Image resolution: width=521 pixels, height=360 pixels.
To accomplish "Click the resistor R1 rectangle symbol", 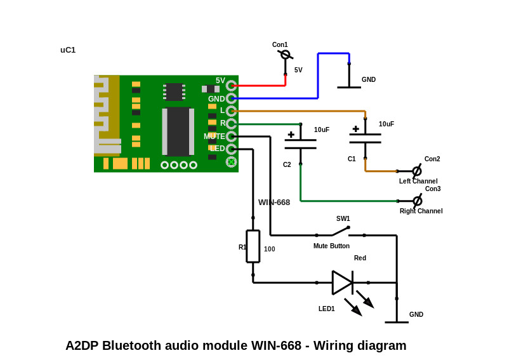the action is pos(253,246).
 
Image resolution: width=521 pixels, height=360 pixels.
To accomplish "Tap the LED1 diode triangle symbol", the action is pos(342,283).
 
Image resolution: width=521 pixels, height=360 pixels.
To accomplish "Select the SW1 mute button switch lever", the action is pos(340,231).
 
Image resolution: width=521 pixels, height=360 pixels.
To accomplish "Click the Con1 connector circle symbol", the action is pos(285,55).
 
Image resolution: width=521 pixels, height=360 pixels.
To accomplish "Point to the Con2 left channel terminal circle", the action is pos(417,171).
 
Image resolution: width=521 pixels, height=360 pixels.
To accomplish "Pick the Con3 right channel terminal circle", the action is pos(418,201).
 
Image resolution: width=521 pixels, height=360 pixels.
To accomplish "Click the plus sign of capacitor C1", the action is pos(356,129).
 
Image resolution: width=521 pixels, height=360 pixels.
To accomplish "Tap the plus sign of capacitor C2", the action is pos(291,135).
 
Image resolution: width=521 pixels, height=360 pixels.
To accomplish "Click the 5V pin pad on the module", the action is pos(231,86).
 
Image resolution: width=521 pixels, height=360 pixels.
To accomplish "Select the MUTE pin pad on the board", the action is pos(231,137).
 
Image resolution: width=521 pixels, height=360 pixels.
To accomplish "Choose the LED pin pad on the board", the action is pos(231,149).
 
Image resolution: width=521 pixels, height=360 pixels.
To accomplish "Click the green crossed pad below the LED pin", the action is pos(231,162).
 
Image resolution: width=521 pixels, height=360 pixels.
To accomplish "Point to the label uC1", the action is pos(68,50).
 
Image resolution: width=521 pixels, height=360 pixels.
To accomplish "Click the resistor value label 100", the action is pos(270,249).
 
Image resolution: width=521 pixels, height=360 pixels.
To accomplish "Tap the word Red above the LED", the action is pos(360,258).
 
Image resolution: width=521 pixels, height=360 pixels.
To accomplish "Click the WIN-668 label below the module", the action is pos(274,203).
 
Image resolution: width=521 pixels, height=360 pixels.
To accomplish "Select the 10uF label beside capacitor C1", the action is pos(386,124).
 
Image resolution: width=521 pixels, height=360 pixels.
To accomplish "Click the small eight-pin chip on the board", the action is pos(174,91).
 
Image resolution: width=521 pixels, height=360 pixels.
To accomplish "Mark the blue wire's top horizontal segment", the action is pos(334,53).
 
